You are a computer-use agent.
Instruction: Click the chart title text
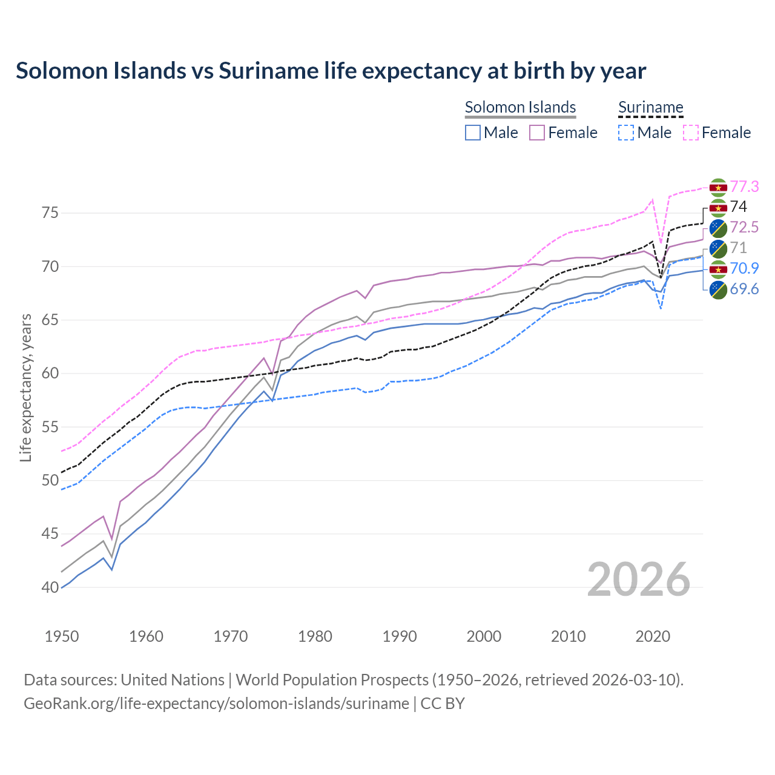[x=331, y=71]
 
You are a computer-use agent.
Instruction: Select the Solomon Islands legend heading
[x=520, y=107]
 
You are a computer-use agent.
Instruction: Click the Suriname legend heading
[x=650, y=107]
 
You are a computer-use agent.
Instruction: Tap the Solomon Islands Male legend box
[x=473, y=133]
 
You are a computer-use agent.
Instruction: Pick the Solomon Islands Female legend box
[x=537, y=133]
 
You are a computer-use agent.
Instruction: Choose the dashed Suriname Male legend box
[x=626, y=133]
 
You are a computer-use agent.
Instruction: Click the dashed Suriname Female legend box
[x=690, y=133]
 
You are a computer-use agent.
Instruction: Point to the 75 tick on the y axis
[x=50, y=213]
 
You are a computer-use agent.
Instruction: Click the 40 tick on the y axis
[x=50, y=587]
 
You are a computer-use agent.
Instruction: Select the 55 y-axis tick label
[x=50, y=427]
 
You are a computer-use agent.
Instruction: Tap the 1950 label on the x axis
[x=62, y=636]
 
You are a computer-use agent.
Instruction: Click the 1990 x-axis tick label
[x=400, y=636]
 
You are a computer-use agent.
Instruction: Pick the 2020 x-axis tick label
[x=653, y=636]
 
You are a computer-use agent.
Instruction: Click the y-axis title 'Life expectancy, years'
[x=26, y=387]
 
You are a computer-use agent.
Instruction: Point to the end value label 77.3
[x=744, y=186]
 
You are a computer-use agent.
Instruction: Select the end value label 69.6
[x=744, y=289]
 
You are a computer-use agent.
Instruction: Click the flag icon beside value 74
[x=718, y=208]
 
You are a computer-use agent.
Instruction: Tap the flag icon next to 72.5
[x=718, y=228]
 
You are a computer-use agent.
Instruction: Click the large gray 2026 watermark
[x=639, y=579]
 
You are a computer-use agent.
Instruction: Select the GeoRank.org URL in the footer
[x=216, y=704]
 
